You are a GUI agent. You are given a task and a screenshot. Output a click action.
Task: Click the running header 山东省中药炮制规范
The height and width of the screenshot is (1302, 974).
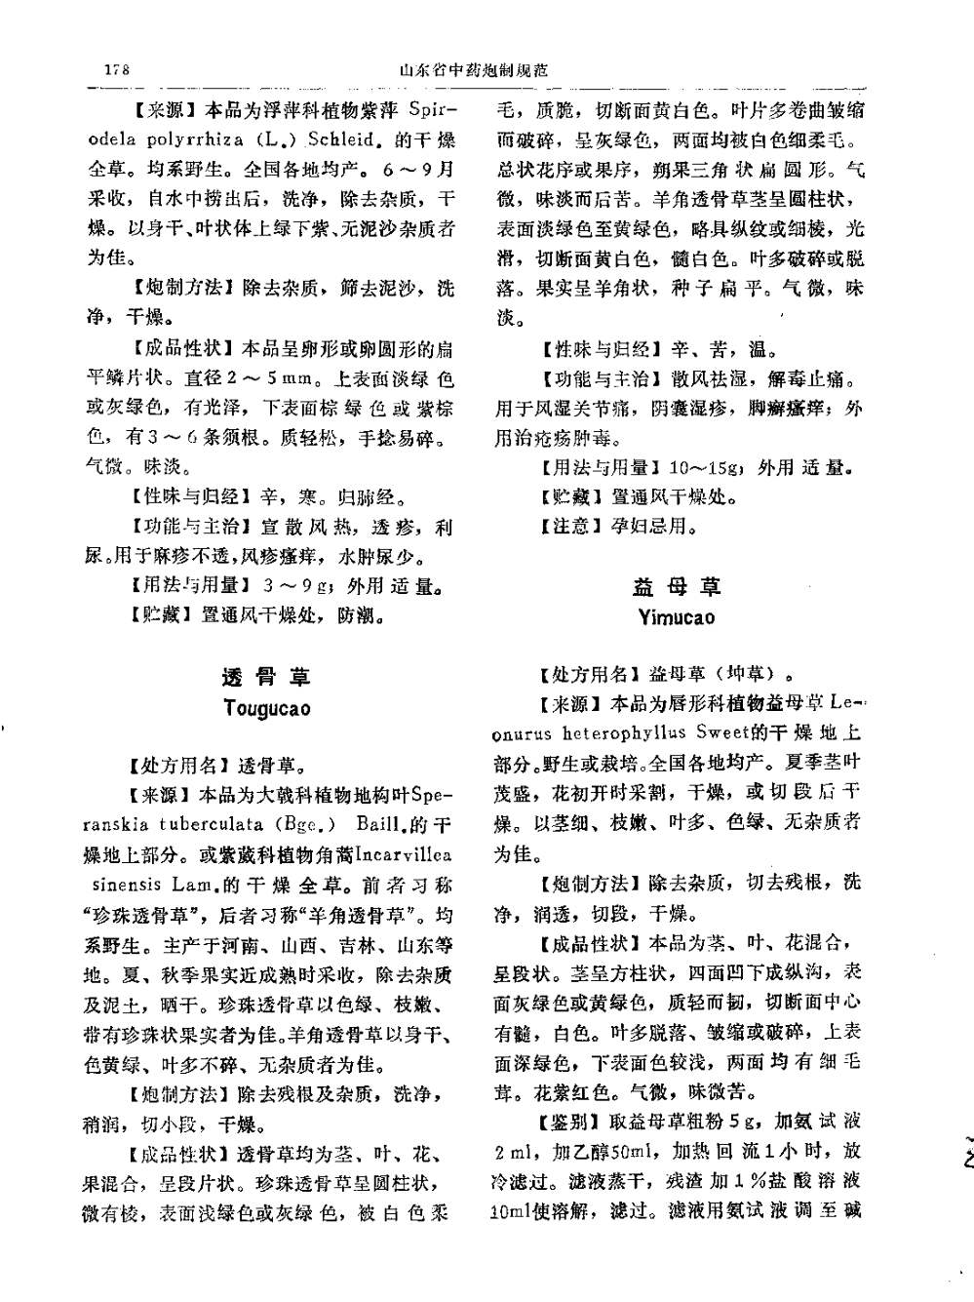click(474, 70)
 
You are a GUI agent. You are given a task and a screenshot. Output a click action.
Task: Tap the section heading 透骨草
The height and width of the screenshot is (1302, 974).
click(266, 677)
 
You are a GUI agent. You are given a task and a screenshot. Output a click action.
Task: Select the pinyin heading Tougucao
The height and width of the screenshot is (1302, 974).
click(266, 708)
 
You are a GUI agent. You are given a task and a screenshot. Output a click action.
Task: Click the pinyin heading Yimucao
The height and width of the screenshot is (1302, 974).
click(677, 617)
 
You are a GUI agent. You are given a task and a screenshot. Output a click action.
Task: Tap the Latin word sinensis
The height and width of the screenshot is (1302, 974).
click(128, 885)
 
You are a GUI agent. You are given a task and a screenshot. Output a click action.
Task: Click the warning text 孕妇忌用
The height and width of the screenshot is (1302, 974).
click(653, 527)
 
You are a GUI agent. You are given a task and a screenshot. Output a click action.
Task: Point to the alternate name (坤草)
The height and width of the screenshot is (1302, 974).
click(746, 674)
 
